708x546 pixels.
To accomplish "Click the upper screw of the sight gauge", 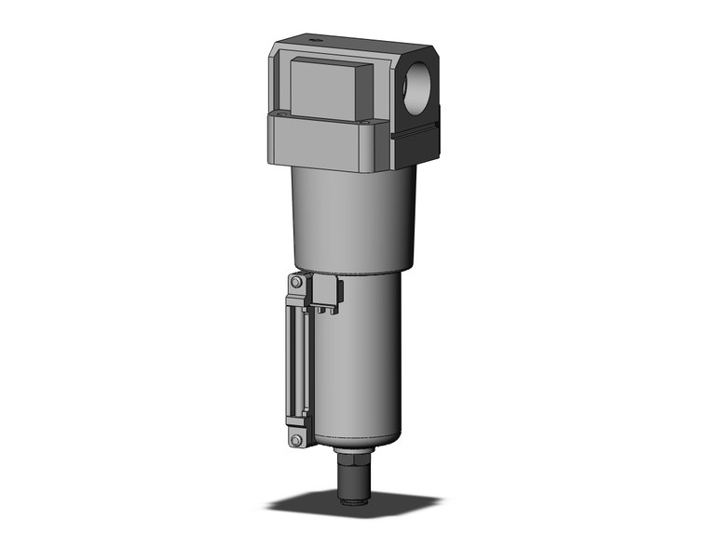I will coord(297,283).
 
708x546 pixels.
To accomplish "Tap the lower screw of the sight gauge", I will coord(297,441).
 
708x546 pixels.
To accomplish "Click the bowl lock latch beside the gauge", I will coord(327,293).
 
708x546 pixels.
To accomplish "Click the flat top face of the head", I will coord(354,45).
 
